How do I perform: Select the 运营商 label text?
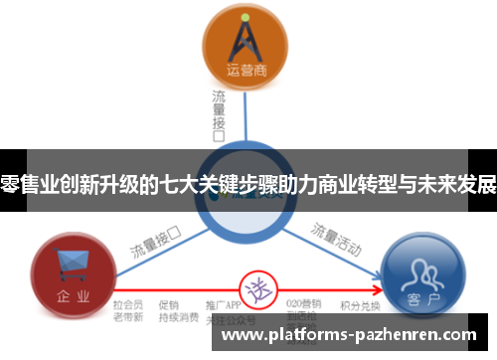tap(246, 70)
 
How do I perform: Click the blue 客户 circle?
tap(422, 271)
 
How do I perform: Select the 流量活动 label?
tap(335, 238)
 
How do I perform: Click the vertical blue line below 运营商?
tap(246, 114)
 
